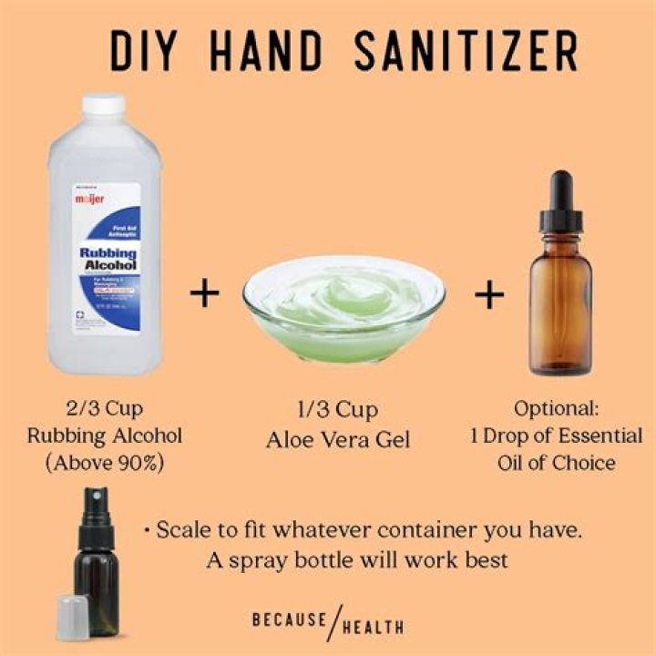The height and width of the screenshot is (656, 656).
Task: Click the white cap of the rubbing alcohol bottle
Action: tap(103, 106)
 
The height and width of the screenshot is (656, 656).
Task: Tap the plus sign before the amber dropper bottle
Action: tap(489, 293)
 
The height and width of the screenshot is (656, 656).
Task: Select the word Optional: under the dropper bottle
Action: tap(556, 408)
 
